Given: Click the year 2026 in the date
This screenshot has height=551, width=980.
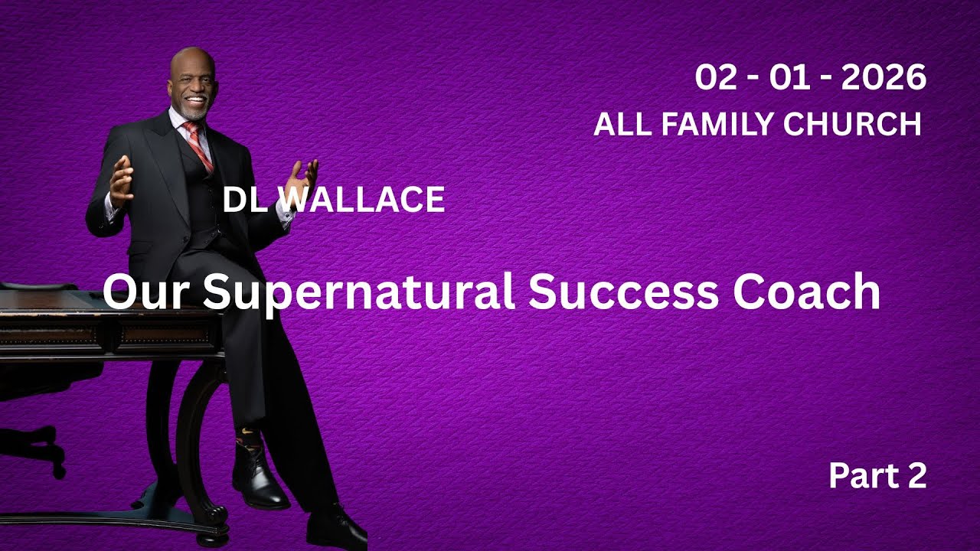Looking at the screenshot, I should coord(884,78).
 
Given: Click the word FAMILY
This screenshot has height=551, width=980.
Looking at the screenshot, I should coord(722,124).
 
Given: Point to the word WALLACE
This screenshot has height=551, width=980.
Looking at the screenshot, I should coord(359,200).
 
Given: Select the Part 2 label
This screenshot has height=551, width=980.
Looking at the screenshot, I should coord(877,476).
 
